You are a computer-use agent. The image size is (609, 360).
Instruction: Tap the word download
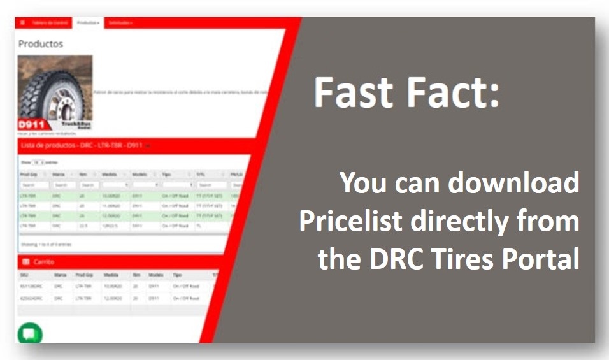[x=513, y=184]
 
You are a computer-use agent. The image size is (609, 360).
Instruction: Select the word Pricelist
[x=351, y=221]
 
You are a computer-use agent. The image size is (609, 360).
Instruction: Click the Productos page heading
[x=40, y=44]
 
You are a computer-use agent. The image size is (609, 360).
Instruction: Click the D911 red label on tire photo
[x=31, y=125]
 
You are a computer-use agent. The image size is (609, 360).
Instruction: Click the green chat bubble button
[x=29, y=333]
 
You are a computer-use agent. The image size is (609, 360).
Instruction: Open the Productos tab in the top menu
[x=87, y=22]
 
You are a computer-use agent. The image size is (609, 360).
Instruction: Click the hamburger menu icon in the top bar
[x=22, y=22]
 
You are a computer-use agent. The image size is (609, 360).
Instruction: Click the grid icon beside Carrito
[x=25, y=262]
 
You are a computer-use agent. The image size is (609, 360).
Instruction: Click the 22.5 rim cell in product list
[x=83, y=226]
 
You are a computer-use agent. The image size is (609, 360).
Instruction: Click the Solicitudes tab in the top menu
[x=119, y=22]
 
